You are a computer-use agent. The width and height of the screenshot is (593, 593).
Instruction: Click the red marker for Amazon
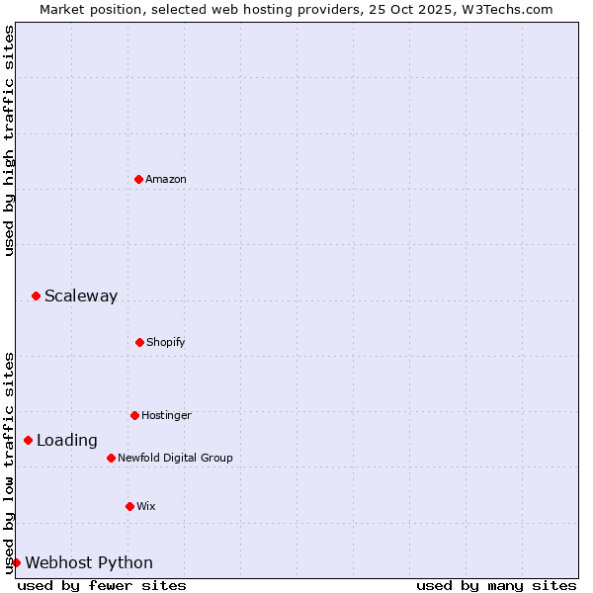(x=138, y=179)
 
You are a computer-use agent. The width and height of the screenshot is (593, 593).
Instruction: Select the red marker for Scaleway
(x=36, y=296)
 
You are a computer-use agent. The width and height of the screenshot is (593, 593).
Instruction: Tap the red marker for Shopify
(x=139, y=342)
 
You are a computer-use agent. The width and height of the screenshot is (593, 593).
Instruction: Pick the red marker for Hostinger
(x=134, y=415)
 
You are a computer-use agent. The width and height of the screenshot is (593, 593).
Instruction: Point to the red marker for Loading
(x=28, y=440)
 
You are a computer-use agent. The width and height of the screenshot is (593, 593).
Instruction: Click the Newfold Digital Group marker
(x=111, y=458)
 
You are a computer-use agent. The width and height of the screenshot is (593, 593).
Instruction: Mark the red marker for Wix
(x=129, y=506)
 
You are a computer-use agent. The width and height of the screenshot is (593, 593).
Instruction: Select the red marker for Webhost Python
(x=16, y=562)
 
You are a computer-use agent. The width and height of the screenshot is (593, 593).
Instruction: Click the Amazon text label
(x=166, y=179)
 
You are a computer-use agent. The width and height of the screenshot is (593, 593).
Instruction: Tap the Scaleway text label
(x=81, y=296)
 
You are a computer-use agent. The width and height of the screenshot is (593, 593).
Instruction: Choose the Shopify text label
(x=166, y=342)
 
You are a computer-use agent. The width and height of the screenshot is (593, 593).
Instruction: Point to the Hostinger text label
(x=166, y=415)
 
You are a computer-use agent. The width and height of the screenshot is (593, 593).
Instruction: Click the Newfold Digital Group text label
(x=175, y=458)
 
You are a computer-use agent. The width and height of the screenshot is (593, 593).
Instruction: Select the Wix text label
(x=146, y=506)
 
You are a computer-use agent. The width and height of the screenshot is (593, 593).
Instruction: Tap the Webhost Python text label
(x=89, y=563)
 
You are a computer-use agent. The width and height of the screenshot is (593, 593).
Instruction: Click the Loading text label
(x=67, y=440)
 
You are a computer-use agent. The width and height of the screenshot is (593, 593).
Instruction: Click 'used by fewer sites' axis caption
(x=102, y=585)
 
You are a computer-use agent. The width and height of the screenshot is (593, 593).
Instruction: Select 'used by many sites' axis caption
(x=496, y=585)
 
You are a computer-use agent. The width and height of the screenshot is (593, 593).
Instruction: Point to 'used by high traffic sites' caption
(x=9, y=140)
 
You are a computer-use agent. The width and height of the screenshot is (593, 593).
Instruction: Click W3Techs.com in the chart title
(x=510, y=9)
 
